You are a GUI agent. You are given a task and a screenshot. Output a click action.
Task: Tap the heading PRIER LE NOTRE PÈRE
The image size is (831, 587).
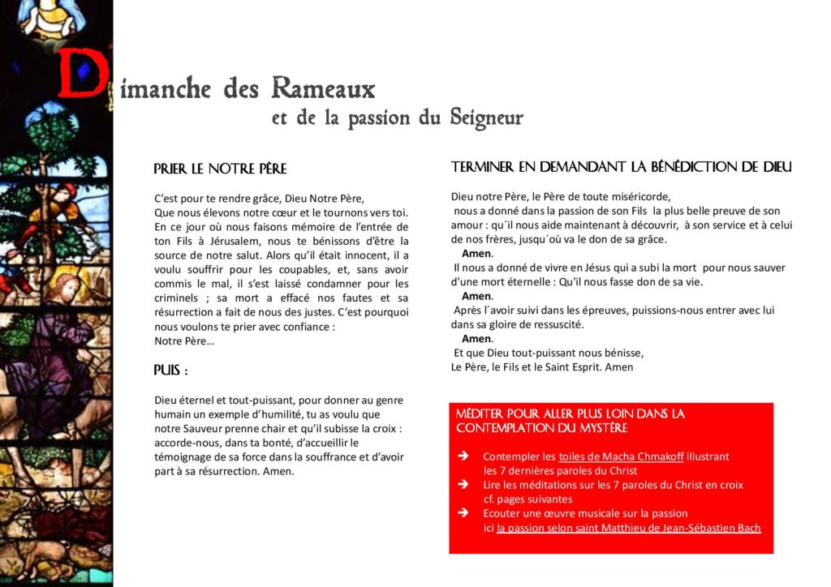(220, 169)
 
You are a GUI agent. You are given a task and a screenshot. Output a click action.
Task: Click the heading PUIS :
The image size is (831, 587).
(170, 371)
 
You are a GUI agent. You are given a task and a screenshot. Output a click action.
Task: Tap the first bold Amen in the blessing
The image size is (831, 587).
(476, 254)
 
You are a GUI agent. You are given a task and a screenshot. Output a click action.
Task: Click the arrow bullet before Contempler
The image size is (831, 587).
(463, 456)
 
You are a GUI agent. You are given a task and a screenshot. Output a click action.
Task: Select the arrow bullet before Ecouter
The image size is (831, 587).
(463, 513)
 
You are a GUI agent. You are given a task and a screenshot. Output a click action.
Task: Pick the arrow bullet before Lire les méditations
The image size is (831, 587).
(463, 485)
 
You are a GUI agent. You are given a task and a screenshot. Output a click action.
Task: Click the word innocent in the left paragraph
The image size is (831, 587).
(345, 255)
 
